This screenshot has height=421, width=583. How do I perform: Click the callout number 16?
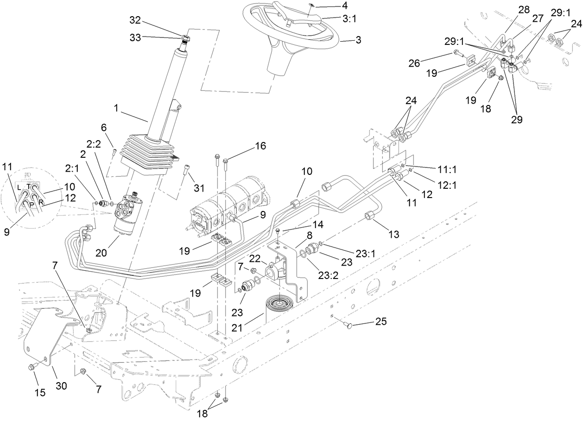tap(260, 146)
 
